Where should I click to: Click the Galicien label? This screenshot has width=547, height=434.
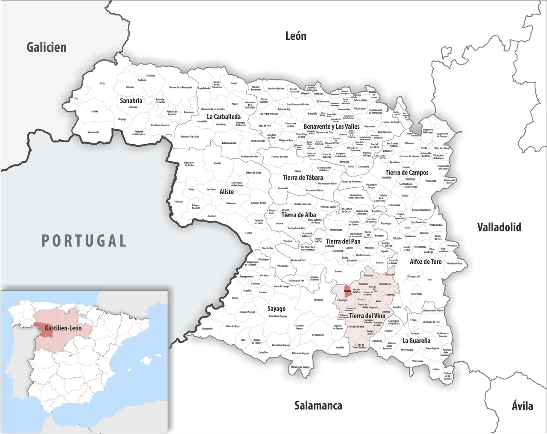[x=47, y=47]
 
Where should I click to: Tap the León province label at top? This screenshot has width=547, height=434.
[x=296, y=36]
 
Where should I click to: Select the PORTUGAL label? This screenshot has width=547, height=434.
[x=84, y=241]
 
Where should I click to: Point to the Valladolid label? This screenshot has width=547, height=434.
[x=499, y=227]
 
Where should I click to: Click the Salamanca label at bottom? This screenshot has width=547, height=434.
[x=318, y=405]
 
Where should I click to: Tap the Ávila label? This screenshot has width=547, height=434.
[x=522, y=405]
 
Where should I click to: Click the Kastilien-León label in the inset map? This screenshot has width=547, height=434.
[x=63, y=328]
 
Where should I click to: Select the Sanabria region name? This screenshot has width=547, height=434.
[x=131, y=100]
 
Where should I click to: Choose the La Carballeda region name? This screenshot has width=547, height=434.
[x=224, y=116]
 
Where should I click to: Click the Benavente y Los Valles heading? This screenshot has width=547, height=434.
[x=331, y=127]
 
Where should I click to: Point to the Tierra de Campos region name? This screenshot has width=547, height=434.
[x=406, y=173]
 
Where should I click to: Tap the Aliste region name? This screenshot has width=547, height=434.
[x=226, y=192]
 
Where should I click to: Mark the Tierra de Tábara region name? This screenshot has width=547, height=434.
[x=303, y=177]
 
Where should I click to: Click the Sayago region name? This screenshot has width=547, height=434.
[x=276, y=309]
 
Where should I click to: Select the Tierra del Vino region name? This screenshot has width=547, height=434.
[x=367, y=316]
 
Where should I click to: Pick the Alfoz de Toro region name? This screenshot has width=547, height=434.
[x=425, y=262]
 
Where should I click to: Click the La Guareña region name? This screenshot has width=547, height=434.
[x=416, y=341]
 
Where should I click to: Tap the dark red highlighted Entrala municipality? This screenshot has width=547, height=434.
[x=347, y=291]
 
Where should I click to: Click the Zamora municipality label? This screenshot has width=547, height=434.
[x=338, y=272]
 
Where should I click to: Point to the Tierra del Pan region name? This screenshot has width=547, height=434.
[x=343, y=242]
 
